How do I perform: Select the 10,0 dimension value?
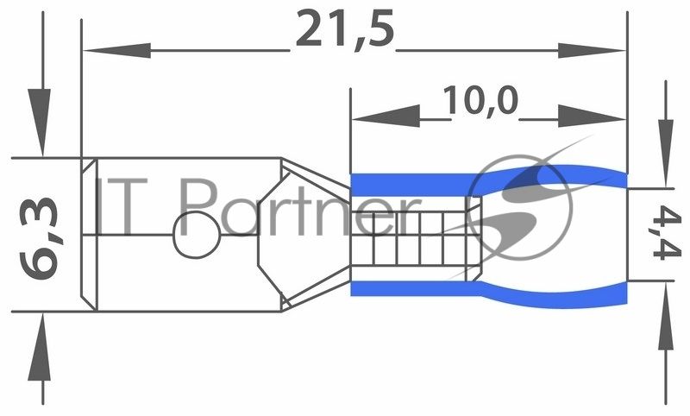pos(480,100)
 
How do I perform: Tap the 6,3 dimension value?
pos(40,238)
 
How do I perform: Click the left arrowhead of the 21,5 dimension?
pos(117,51)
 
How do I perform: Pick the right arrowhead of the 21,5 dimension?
pos(592,51)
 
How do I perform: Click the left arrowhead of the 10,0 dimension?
pos(386,117)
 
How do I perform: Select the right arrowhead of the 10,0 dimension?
pos(592,117)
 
